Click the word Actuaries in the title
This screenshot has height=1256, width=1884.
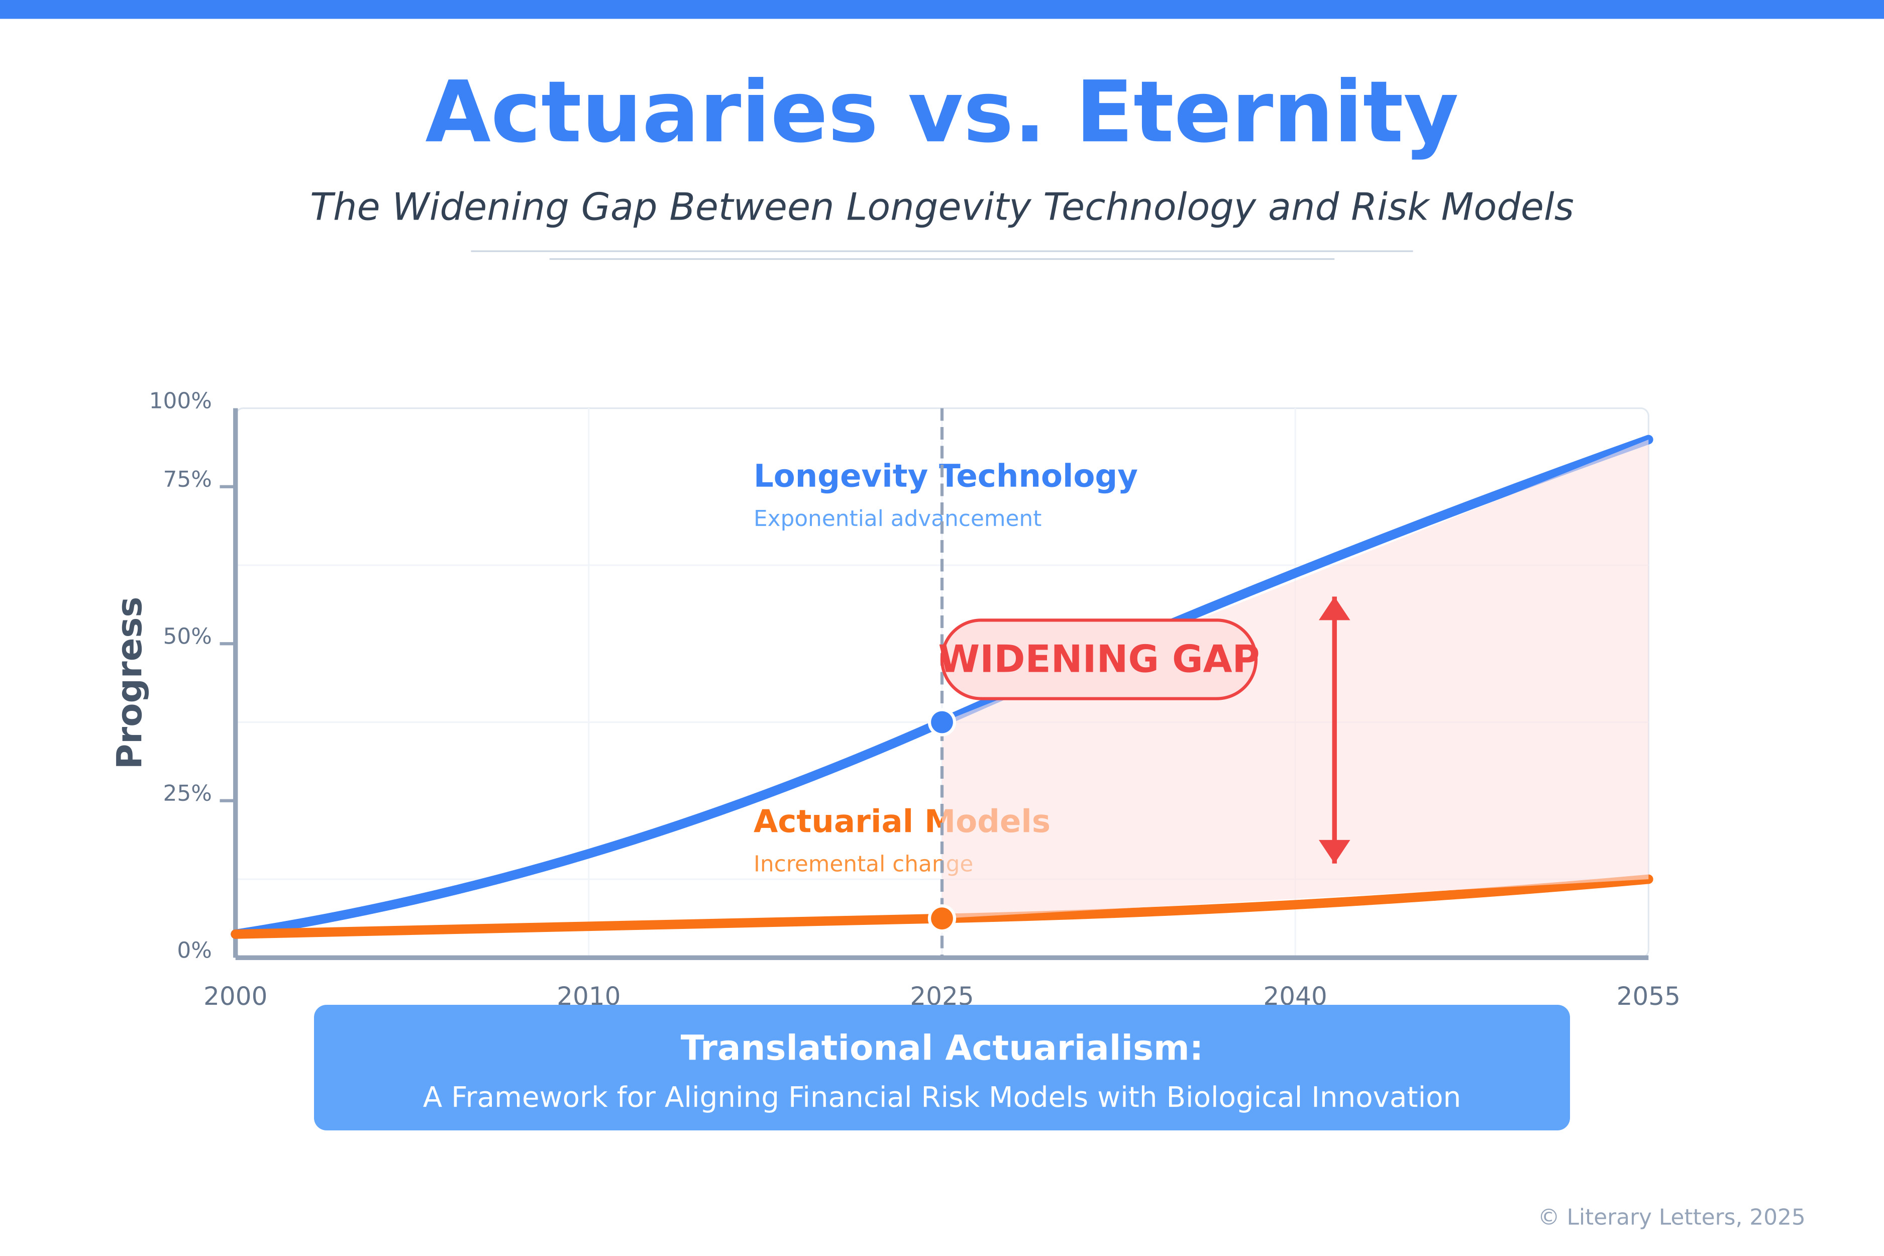pyautogui.click(x=651, y=114)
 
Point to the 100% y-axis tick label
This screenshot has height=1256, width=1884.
pyautogui.click(x=180, y=401)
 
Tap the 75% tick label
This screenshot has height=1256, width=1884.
pyautogui.click(x=187, y=480)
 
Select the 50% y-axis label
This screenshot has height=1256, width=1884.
pyautogui.click(x=187, y=637)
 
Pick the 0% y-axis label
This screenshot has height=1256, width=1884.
pyautogui.click(x=194, y=951)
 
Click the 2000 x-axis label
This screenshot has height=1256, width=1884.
pyautogui.click(x=236, y=996)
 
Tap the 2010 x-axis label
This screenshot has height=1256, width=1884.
pyautogui.click(x=589, y=996)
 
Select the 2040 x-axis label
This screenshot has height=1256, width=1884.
pyautogui.click(x=1295, y=996)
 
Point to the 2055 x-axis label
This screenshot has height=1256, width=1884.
pyautogui.click(x=1648, y=996)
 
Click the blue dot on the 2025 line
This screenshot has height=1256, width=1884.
pyautogui.click(x=942, y=722)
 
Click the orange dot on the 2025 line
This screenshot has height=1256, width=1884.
pyautogui.click(x=942, y=918)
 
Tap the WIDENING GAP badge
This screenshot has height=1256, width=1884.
pyautogui.click(x=1099, y=659)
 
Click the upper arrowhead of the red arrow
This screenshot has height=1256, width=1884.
pyautogui.click(x=1334, y=609)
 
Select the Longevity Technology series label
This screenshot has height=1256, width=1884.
pyautogui.click(x=945, y=477)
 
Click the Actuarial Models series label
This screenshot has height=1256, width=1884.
pyautogui.click(x=901, y=822)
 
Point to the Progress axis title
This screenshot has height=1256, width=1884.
pyautogui.click(x=130, y=682)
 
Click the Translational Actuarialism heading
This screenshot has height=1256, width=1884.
pyautogui.click(x=942, y=1049)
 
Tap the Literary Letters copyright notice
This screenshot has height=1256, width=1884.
pyautogui.click(x=1671, y=1217)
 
